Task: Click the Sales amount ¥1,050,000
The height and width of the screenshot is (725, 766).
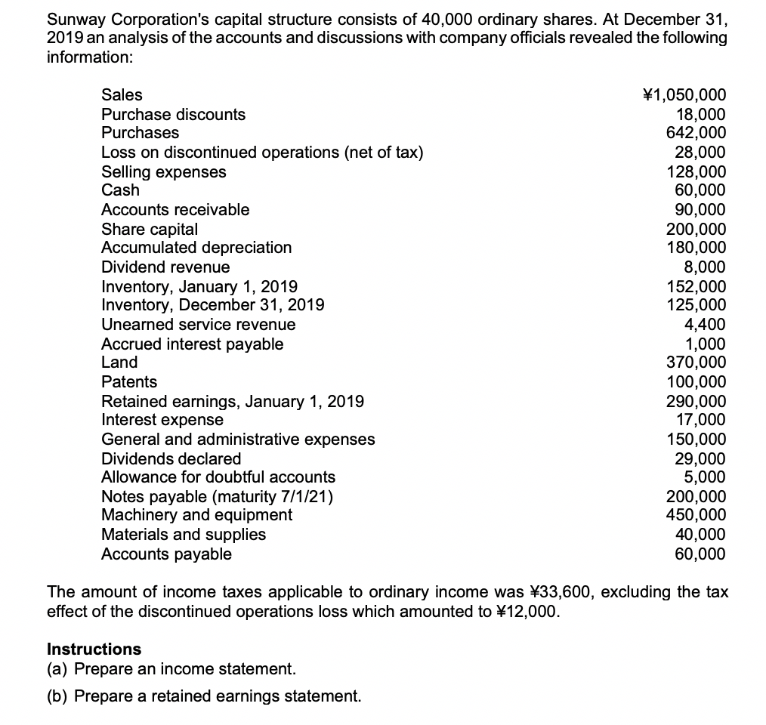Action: click(684, 95)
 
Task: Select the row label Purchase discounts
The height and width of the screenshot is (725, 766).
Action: click(174, 115)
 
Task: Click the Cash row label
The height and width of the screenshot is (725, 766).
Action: click(121, 190)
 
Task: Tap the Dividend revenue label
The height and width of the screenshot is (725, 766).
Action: click(165, 267)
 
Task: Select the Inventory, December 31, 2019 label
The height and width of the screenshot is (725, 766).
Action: click(213, 305)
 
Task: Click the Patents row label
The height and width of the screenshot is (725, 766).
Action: click(129, 382)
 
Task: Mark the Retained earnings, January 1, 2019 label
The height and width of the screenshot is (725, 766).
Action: click(233, 402)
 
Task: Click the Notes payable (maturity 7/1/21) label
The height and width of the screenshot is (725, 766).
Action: click(218, 497)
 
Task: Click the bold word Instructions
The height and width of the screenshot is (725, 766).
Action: click(94, 649)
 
